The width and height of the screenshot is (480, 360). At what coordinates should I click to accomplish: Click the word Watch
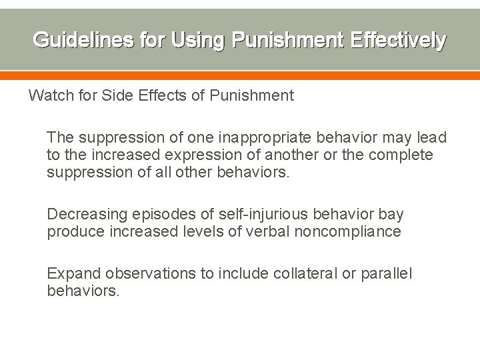[51, 96]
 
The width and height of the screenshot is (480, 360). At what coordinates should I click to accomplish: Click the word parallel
[387, 274]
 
